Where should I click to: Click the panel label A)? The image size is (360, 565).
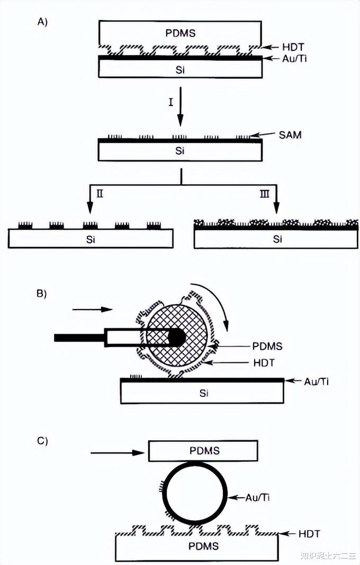42,22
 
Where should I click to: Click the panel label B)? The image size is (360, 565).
42,293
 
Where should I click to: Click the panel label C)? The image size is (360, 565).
42,441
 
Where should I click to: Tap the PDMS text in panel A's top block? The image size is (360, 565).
181,33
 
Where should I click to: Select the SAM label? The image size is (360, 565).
290,135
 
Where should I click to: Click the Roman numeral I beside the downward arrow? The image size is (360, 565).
170,102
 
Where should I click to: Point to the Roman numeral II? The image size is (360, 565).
100,194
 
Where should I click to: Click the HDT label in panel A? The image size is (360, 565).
293,47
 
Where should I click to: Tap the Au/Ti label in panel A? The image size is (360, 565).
294,59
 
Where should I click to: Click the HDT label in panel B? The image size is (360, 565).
264,362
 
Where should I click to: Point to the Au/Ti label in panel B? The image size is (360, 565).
317,381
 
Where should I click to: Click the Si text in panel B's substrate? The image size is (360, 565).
204,393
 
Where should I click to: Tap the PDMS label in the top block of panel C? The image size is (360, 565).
204,451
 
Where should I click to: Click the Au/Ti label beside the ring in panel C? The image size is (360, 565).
257,498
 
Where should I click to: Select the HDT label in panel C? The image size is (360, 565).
310,533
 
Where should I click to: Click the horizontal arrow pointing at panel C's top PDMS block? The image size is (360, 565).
118,452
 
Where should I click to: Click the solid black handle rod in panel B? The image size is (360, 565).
80,338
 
